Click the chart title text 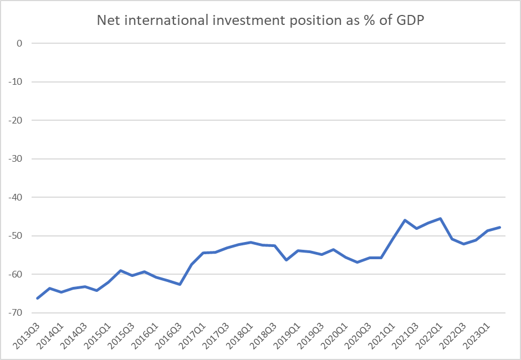point(260,20)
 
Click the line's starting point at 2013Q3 point(37,299)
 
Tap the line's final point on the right point(500,227)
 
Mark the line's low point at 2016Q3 point(180,284)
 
